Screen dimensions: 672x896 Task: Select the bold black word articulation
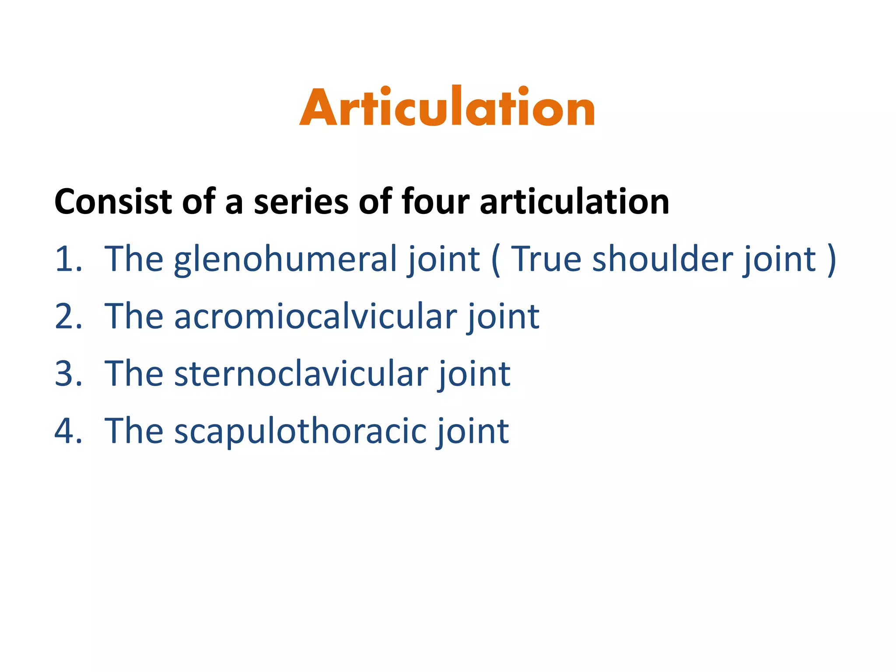pyautogui.click(x=574, y=202)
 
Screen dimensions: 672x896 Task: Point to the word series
pyautogui.click(x=301, y=202)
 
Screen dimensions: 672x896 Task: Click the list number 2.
pyautogui.click(x=68, y=317)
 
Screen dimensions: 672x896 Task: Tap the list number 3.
pyautogui.click(x=68, y=374)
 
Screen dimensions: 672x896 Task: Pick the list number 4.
pyautogui.click(x=68, y=431)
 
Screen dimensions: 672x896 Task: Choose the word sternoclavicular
pyautogui.click(x=301, y=374)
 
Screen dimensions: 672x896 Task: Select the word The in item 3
pyautogui.click(x=134, y=374)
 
